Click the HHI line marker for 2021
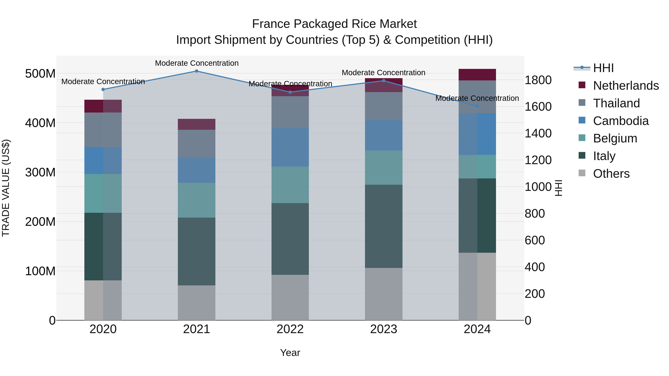tap(197, 71)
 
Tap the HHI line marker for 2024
tap(477, 106)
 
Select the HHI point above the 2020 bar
tap(103, 89)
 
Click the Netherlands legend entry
tap(626, 86)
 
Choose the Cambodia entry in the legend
tap(620, 121)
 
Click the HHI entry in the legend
tap(603, 68)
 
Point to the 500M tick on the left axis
tap(40, 74)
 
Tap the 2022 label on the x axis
tap(290, 329)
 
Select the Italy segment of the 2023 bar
tap(384, 226)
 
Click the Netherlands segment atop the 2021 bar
tap(197, 124)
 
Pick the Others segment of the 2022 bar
tap(290, 297)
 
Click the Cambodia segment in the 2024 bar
tap(477, 134)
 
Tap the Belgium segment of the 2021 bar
tap(197, 200)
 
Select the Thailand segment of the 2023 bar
tap(384, 106)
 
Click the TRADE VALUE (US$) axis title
tap(6, 188)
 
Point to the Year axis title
tap(290, 353)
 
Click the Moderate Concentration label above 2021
tap(197, 63)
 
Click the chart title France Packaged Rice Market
tap(334, 24)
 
